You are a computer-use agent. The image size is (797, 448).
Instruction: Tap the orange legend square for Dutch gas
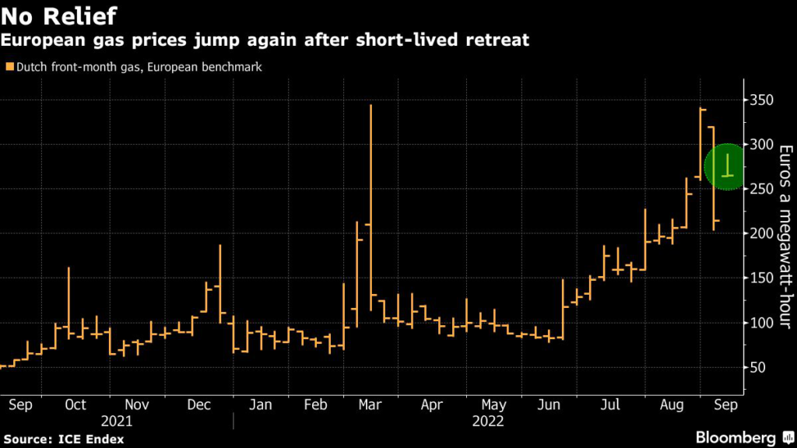coord(9,68)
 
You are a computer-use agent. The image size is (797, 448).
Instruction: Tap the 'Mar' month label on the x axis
coord(370,404)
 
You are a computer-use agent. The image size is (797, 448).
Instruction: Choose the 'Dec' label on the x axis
coord(200,404)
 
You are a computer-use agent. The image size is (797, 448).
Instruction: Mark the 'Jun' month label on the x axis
coord(550,404)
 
